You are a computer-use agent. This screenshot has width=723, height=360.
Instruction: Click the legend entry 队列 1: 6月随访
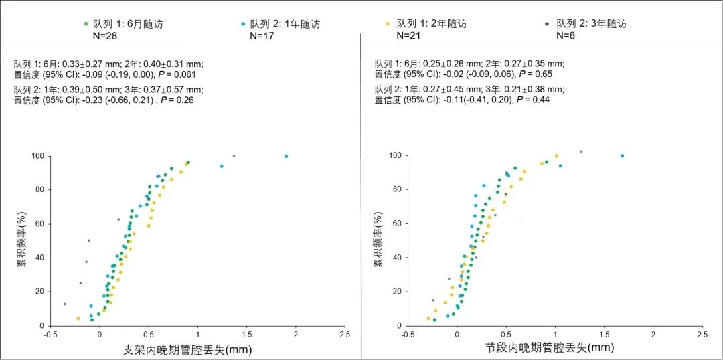(x=127, y=24)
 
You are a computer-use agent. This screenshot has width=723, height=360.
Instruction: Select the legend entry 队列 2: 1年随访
(x=286, y=24)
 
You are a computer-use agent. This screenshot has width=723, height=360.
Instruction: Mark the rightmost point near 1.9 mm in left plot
(x=286, y=156)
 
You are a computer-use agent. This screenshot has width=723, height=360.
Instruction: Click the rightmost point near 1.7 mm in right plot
(x=622, y=156)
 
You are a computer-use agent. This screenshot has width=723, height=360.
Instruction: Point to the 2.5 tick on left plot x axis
(x=345, y=333)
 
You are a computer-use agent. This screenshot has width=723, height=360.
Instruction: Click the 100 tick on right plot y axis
(x=396, y=156)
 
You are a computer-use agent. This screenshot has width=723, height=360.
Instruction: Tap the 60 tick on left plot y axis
(x=37, y=223)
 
